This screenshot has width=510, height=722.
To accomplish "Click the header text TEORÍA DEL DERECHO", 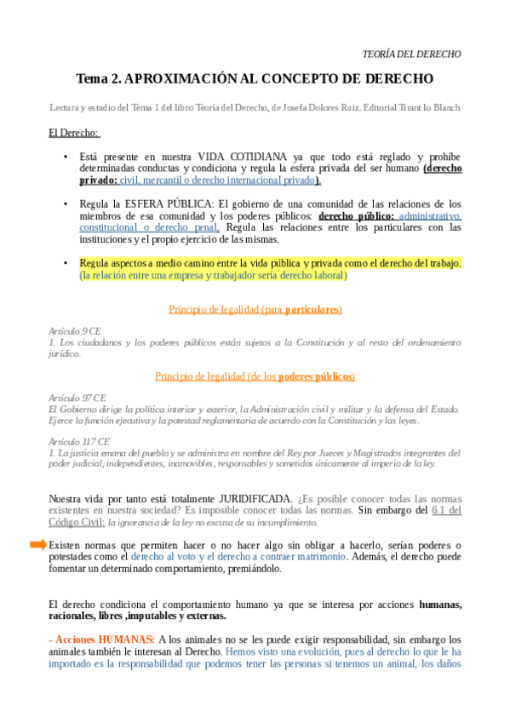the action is click(412, 54).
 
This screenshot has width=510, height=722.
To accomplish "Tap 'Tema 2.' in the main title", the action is click(99, 79).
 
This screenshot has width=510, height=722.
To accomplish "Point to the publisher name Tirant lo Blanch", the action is click(427, 108).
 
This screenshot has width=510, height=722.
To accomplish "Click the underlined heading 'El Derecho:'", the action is click(74, 133).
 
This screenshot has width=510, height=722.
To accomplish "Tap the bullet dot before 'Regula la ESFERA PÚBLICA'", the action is click(66, 204).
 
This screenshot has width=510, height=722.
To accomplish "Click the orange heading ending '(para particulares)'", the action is click(255, 309).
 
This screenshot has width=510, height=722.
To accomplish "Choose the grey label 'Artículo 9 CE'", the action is click(75, 329).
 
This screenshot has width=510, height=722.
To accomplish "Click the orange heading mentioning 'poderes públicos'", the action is click(255, 376).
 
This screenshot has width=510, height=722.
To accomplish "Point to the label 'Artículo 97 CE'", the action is click(77, 398).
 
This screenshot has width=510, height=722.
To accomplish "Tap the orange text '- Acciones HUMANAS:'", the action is click(102, 639).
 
